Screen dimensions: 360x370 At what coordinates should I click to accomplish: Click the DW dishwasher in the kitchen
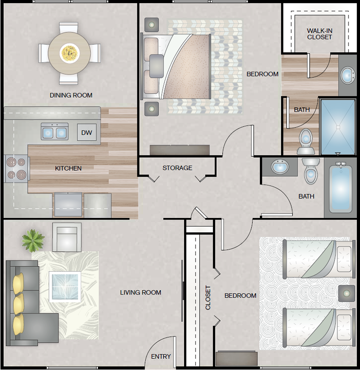coord(87,132)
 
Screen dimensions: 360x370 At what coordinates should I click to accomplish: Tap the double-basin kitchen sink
coord(55,131)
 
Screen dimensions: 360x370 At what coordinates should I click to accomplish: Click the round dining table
coord(69,53)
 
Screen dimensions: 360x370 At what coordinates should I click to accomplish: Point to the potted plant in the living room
coord(33,240)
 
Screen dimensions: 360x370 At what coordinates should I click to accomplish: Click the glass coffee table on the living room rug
coord(65,287)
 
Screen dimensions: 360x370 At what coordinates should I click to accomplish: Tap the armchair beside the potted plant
coord(67,237)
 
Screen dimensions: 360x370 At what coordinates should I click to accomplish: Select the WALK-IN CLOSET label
coord(319,34)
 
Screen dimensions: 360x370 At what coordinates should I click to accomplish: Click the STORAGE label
coord(177,168)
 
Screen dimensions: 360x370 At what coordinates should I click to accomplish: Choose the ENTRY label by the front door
coord(161,356)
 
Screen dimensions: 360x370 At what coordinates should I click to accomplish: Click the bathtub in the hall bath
coord(341,188)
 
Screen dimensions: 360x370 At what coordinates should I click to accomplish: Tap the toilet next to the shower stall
coord(306,142)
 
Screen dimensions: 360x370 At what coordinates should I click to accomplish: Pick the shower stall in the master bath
coord(338,127)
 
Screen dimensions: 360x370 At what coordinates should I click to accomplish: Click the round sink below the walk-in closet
coord(348,75)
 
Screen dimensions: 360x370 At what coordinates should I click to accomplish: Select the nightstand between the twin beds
coord(347,293)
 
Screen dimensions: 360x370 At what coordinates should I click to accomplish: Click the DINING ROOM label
coord(71,95)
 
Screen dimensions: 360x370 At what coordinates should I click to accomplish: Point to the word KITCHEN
coord(68,168)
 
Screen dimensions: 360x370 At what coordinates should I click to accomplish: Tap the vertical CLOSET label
coord(207,297)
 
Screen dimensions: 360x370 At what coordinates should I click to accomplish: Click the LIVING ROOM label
coord(140,292)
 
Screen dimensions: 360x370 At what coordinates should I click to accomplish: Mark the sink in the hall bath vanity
coord(280,166)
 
